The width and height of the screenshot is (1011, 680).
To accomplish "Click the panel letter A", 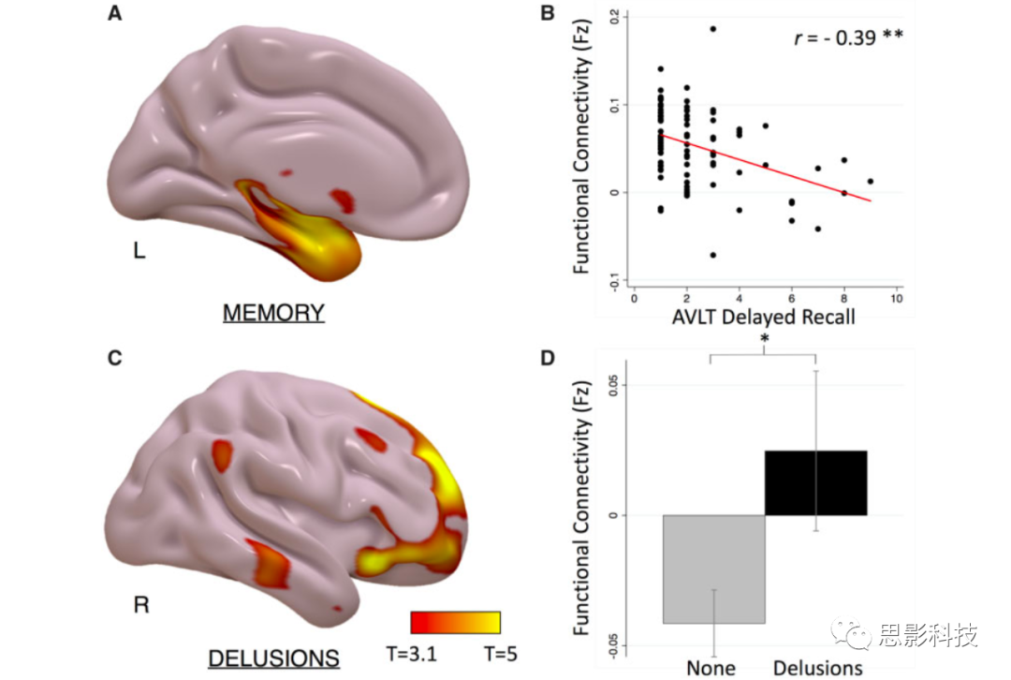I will pos(115,13).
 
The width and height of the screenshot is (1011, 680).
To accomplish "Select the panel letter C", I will pos(115,358).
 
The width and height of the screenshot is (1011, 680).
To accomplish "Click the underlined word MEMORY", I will pos(273,313).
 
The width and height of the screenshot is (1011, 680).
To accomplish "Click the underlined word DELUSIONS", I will pos(273,658).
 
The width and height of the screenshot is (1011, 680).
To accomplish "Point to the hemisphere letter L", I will pos(139,251).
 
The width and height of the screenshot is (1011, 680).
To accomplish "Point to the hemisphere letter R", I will pos(141,605).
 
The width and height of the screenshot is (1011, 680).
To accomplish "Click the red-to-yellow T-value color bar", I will pos(455,623).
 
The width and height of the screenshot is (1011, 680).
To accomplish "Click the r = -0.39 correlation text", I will pos(847,38).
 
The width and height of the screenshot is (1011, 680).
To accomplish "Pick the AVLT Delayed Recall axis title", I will pos(763,317).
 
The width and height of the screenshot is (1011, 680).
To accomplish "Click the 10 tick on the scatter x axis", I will pos(896,297).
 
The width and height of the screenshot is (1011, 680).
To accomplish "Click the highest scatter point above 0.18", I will pos(712,29).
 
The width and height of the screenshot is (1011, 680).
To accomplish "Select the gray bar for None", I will pos(714,569).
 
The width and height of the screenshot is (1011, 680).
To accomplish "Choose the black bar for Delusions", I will pos(816,482).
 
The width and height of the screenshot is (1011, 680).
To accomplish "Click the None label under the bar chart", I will pos(711,668).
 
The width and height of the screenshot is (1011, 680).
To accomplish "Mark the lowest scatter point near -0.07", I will pos(712,255).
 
